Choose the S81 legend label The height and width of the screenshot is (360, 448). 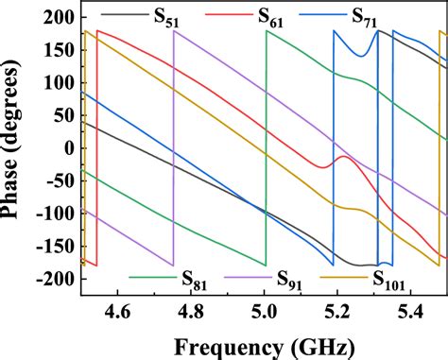pyautogui.click(x=196, y=279)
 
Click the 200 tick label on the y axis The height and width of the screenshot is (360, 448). pyautogui.click(x=60, y=18)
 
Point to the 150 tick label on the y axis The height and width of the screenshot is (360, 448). pyautogui.click(x=60, y=51)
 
